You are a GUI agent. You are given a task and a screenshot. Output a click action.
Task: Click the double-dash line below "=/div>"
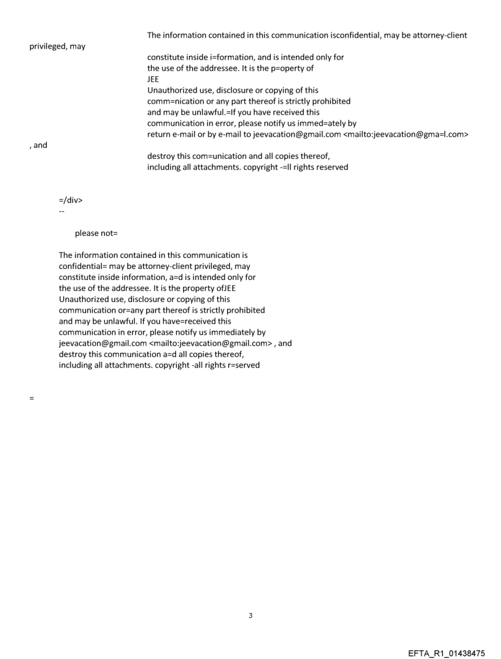tap(61, 211)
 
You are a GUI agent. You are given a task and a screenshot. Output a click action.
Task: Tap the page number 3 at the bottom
tap(250, 616)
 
